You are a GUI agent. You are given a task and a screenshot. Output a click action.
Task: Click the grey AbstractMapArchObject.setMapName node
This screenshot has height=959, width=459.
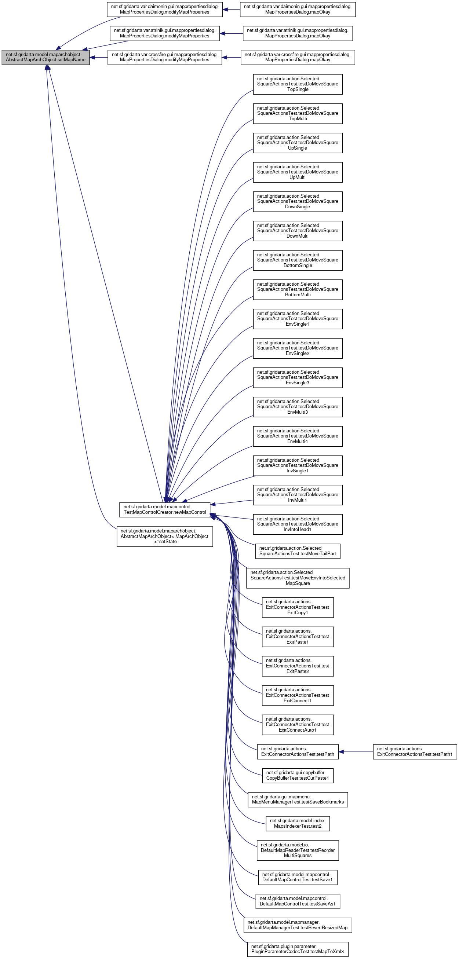point(45,57)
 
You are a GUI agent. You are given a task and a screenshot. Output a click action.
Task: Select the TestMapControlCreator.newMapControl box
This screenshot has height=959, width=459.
point(165,509)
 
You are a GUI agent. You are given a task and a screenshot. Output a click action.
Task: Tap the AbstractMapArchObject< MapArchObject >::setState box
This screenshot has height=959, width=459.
point(165,536)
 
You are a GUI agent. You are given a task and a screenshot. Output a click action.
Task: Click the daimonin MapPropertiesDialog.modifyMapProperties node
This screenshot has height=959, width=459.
point(165,9)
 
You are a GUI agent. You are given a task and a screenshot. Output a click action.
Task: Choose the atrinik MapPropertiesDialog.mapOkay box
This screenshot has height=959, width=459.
point(297,33)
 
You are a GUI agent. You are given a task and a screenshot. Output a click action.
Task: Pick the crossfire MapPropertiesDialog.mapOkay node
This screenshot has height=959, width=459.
point(297,57)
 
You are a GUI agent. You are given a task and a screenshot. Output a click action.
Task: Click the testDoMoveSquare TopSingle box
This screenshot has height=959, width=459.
point(297,84)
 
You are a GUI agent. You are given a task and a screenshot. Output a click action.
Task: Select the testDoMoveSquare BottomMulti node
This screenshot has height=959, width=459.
point(297,289)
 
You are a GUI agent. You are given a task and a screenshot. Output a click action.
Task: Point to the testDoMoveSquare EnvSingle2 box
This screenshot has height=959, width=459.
point(297,348)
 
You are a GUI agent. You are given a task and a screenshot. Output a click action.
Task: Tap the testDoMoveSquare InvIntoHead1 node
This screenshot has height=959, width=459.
point(297,524)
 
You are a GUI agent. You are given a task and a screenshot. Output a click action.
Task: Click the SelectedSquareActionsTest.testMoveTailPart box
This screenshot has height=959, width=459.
point(297,551)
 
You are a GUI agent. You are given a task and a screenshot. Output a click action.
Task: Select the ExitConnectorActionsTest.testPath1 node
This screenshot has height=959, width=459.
point(414,752)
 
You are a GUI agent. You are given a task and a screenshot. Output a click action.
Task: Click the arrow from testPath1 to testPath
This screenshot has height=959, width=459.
point(356,752)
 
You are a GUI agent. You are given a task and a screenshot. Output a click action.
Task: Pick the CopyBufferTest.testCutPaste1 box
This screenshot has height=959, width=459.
point(297,776)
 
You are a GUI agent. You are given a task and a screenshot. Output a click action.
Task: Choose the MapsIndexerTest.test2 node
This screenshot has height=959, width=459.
point(297,823)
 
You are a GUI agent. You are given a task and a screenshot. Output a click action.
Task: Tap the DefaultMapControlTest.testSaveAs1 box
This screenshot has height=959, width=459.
point(297,901)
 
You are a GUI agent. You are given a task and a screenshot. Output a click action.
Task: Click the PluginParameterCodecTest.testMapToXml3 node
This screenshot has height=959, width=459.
point(297,949)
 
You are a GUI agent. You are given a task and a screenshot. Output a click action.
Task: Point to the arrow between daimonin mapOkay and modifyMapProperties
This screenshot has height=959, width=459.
point(232,9)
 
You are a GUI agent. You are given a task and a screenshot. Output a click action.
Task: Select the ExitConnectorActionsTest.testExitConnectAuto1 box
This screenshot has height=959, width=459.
point(297,724)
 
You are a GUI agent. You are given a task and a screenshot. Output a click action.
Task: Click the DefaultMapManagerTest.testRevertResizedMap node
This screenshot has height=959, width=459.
point(297,925)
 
